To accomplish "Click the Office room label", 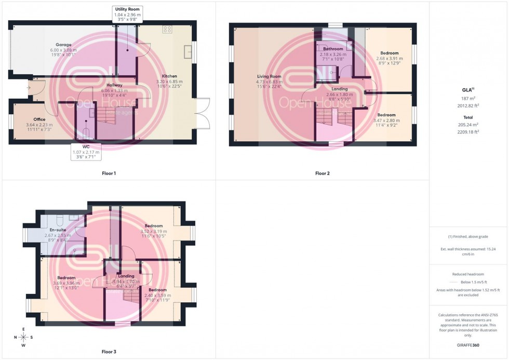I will point(39,119).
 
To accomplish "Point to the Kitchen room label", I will point(169,76).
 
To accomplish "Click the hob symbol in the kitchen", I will point(168,29).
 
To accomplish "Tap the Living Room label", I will point(269,76).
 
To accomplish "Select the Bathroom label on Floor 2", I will point(333,49).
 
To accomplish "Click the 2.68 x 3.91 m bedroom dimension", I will point(389,58).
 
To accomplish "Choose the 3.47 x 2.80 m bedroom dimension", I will point(386,120).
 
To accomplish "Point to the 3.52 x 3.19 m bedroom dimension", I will point(154,231).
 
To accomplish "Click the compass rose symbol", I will point(23,337).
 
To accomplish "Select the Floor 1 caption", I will point(109,173).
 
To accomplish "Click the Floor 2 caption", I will point(322,173).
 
